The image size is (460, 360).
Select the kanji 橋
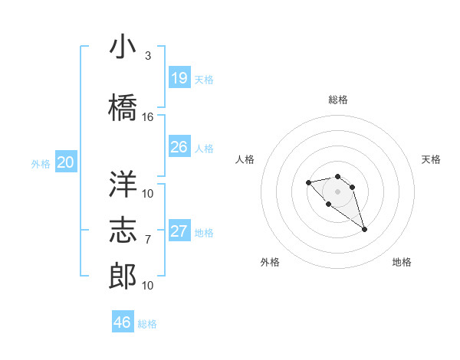(x=123, y=107)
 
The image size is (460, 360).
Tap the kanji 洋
(x=123, y=183)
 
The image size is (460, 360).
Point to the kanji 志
(x=123, y=230)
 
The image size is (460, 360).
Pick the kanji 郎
(x=123, y=276)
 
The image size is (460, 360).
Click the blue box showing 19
(x=179, y=78)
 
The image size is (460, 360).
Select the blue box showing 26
(x=179, y=147)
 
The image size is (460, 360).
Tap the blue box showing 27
(x=179, y=231)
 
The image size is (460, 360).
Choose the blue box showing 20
(x=66, y=162)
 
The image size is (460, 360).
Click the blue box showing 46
(x=123, y=322)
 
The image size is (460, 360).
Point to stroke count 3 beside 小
(x=148, y=56)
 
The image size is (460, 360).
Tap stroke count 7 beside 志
(x=148, y=240)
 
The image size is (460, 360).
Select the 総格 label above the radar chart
(x=337, y=100)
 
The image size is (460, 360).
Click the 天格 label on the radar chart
(x=431, y=159)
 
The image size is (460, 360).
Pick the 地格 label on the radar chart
(x=402, y=262)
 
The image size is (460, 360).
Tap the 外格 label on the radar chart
(x=270, y=262)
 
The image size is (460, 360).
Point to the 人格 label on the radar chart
(x=245, y=159)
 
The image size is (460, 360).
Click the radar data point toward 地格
(x=364, y=229)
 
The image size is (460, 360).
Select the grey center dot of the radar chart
(x=337, y=191)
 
